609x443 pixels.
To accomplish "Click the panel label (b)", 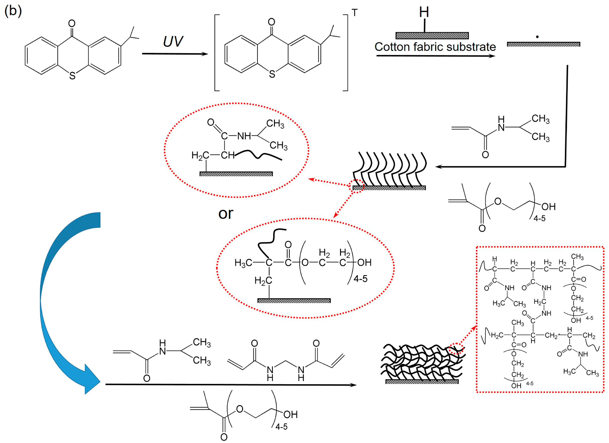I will click(13, 11).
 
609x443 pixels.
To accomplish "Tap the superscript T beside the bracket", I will click(355, 13).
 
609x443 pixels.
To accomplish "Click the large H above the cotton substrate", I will click(424, 12).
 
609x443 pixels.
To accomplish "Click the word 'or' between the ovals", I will click(226, 214).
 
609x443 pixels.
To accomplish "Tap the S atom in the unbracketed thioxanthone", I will click(72, 76).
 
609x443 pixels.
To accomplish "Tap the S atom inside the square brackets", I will click(272, 74).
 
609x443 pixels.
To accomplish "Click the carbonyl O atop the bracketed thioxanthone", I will click(271, 22).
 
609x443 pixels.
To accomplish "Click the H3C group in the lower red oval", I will click(243, 263).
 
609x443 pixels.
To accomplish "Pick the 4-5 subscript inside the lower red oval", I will click(360, 279).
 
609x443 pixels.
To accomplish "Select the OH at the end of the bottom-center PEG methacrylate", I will click(290, 414).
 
